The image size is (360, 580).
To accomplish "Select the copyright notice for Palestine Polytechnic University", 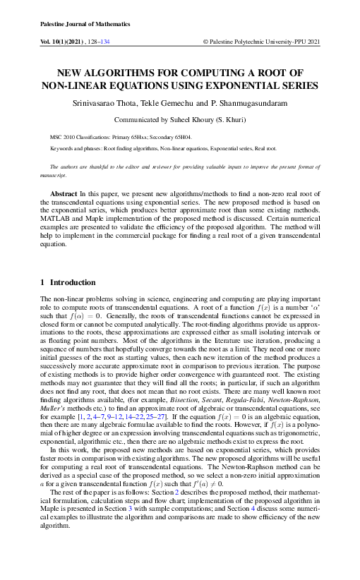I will coord(261,42).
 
